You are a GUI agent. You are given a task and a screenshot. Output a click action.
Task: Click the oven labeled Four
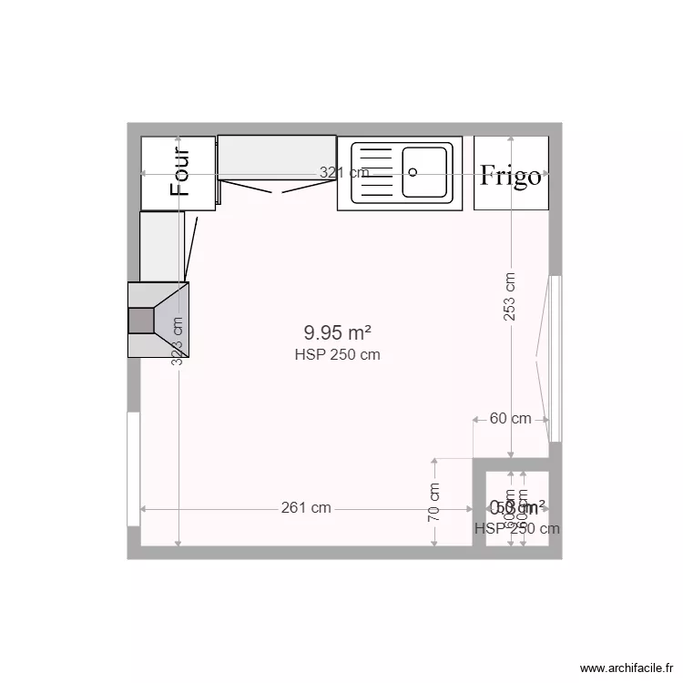coord(178,173)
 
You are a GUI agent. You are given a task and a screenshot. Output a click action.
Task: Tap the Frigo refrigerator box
coord(511,173)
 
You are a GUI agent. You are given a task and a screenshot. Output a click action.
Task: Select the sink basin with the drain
coord(425,171)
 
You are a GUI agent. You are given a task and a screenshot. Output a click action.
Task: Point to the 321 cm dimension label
coord(343,172)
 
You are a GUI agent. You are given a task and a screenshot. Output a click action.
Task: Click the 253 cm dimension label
coord(511,296)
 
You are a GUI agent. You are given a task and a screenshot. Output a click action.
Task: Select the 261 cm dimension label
coord(306,508)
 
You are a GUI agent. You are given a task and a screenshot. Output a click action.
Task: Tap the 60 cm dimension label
coord(510,419)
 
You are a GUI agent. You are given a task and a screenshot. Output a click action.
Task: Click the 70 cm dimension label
coord(434,502)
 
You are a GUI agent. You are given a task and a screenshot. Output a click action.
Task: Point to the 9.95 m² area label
coord(337,333)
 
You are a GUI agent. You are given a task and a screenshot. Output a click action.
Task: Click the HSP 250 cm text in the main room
coord(337,355)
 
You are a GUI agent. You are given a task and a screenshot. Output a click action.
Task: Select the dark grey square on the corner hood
coord(141,321)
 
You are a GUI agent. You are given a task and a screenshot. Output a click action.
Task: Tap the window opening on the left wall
coord(133,469)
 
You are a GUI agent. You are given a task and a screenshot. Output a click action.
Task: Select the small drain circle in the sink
coord(413,170)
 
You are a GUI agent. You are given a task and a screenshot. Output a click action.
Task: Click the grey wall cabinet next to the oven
coord(277,157)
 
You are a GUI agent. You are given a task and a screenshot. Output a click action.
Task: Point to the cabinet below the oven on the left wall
coord(161,246)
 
